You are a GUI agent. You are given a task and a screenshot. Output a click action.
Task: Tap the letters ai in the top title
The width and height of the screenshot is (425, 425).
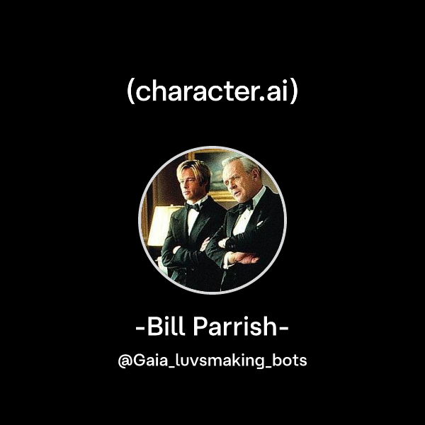(x=276, y=92)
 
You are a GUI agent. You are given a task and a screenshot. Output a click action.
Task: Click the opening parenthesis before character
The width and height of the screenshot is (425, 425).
(x=131, y=93)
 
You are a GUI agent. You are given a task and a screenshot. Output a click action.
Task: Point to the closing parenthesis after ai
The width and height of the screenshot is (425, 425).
(x=293, y=93)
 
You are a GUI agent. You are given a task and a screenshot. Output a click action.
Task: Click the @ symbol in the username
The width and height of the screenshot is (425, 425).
(x=124, y=361)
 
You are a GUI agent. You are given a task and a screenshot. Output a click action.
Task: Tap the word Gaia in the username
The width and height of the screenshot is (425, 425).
(x=147, y=361)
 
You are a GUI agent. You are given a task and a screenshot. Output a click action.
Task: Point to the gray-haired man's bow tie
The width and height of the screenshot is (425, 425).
(x=245, y=207)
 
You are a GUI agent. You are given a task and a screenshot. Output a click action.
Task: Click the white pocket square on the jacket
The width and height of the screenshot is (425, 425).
(x=261, y=222)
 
